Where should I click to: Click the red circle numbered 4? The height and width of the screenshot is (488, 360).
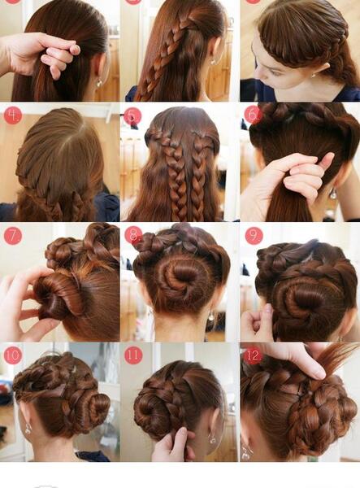pyautogui.click(x=13, y=115)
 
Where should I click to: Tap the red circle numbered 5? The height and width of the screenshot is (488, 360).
pyautogui.click(x=132, y=116)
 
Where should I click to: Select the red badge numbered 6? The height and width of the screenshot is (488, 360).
pyautogui.click(x=253, y=115)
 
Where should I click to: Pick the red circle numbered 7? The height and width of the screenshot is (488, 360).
pyautogui.click(x=13, y=236)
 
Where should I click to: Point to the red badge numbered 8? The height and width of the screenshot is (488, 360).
pyautogui.click(x=133, y=235)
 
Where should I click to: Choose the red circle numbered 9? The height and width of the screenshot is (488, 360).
pyautogui.click(x=254, y=236)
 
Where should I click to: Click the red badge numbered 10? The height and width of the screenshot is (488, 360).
pyautogui.click(x=13, y=355)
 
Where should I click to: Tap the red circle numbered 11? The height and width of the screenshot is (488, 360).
pyautogui.click(x=133, y=355)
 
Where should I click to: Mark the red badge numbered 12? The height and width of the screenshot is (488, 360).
pyautogui.click(x=253, y=355)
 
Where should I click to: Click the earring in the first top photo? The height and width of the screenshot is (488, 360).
pyautogui.click(x=99, y=83)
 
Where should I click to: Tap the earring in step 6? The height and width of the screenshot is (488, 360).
pyautogui.click(x=333, y=194)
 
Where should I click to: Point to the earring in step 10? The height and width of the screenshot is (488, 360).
pyautogui.click(x=28, y=429)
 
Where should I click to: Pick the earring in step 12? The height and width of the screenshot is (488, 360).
pyautogui.click(x=246, y=453)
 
